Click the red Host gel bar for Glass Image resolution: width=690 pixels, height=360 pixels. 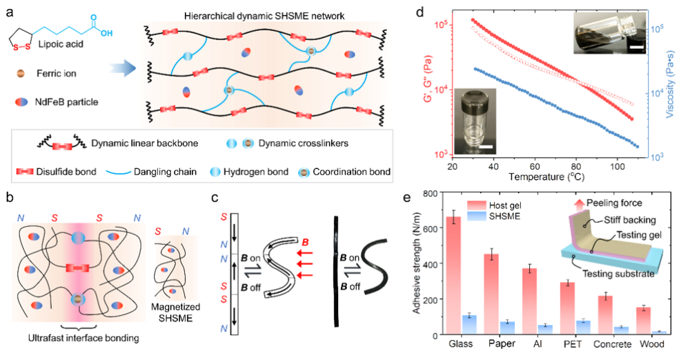click(453, 276)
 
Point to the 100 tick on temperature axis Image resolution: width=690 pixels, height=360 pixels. click(618, 167)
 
